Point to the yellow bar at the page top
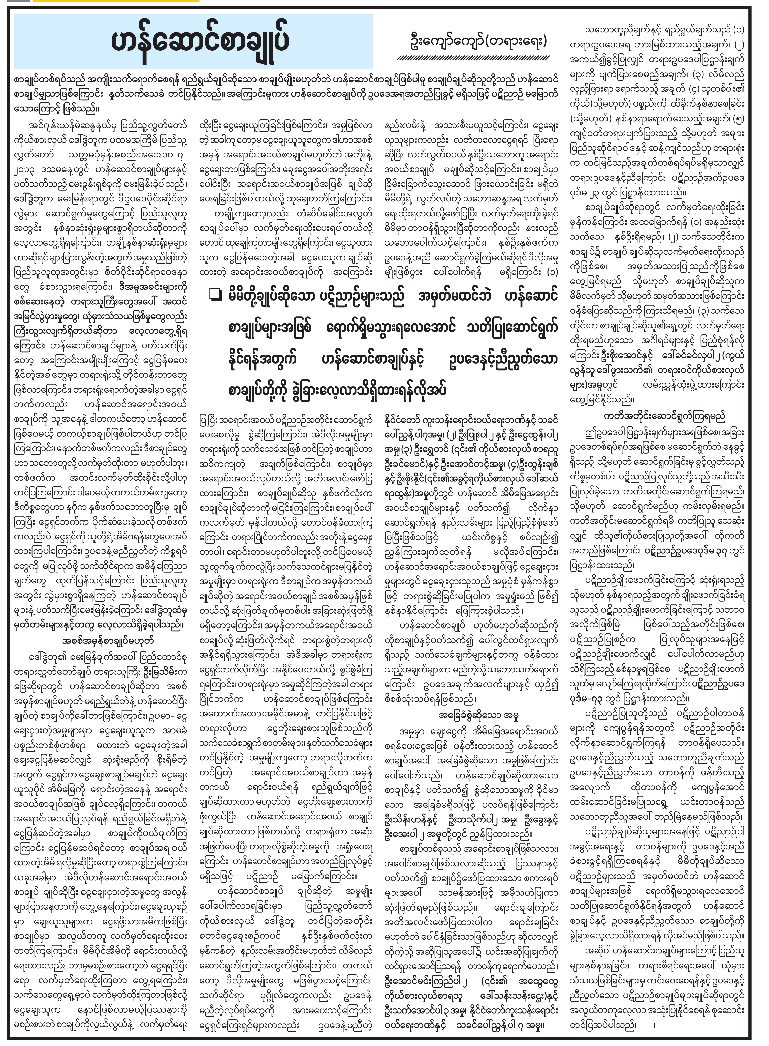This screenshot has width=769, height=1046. point(116,1)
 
